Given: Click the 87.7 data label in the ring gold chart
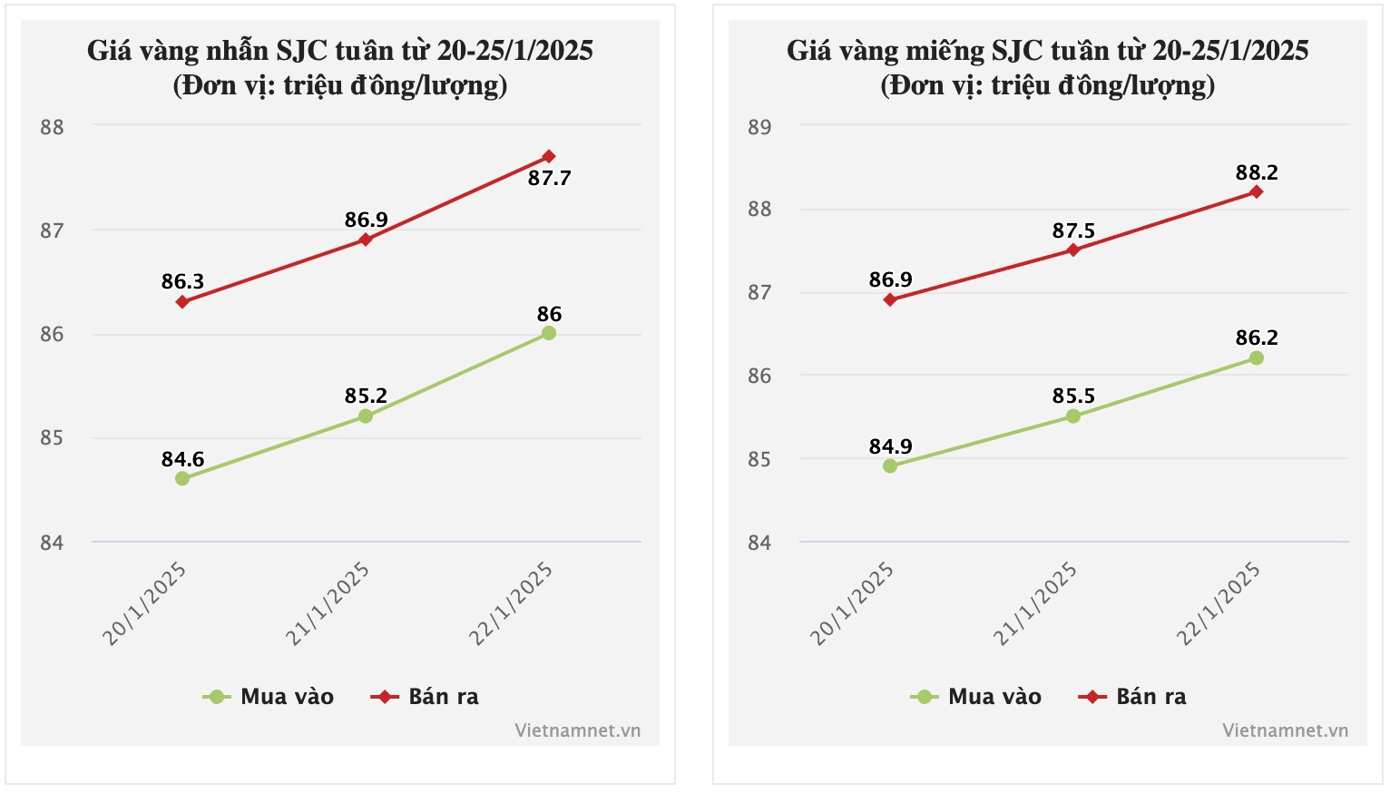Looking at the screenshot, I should (x=549, y=178).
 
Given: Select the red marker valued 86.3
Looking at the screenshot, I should (x=182, y=301).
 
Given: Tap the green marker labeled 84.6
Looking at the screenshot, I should (x=182, y=478).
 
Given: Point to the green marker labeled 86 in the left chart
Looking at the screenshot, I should (x=549, y=333).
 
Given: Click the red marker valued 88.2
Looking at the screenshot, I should (x=1257, y=191).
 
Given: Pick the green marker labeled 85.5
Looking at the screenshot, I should (x=1073, y=416).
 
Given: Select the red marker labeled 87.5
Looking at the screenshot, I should (x=1073, y=250).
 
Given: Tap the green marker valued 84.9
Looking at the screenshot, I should (x=890, y=466).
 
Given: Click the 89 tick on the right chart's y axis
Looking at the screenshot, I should (x=759, y=127).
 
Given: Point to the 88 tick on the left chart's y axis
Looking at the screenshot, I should (x=52, y=127).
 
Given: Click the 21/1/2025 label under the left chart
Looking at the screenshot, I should (x=328, y=603).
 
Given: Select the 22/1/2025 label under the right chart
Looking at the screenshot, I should (x=1219, y=603).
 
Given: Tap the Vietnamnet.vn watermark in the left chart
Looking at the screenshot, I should (x=577, y=730).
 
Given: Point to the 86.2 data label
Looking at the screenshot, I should (x=1257, y=338).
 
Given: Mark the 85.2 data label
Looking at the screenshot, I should (x=366, y=396).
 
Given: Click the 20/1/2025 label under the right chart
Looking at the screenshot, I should (x=852, y=603).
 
